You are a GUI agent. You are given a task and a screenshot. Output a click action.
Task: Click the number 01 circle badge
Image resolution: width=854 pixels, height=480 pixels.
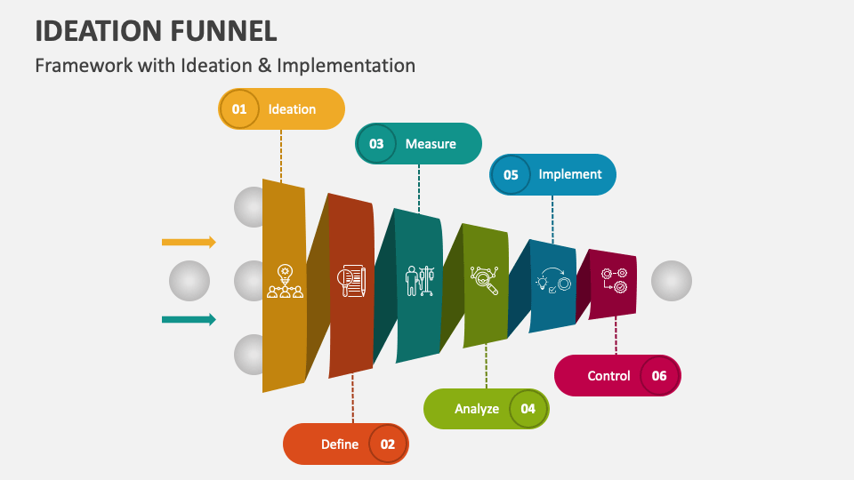coord(238,109)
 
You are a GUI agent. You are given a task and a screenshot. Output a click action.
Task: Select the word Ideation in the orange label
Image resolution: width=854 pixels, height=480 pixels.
coord(292,109)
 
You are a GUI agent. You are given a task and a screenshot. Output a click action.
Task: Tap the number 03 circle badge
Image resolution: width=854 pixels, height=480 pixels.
coord(376,144)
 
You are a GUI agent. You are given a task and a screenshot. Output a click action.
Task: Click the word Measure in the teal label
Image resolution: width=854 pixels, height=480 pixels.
coord(431,144)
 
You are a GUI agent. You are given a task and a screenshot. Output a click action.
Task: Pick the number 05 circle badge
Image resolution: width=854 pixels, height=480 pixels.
coord(511,175)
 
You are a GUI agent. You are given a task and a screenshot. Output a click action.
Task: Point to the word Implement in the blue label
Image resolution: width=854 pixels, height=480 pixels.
coord(570,174)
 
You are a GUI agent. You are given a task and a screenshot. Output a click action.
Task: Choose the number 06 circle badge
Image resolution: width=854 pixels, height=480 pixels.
coord(659,376)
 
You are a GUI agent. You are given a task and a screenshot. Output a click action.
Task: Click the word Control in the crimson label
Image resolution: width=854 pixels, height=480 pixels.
coord(608,376)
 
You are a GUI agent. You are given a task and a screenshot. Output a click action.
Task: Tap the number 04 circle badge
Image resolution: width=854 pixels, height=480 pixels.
coord(528,409)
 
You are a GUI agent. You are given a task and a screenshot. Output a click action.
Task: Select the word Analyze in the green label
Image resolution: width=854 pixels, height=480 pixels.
coord(477,409)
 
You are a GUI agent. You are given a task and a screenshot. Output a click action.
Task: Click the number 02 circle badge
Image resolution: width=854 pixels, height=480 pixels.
coord(388,444)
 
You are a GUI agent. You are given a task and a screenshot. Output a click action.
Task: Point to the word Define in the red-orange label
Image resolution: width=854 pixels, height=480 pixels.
coord(340,444)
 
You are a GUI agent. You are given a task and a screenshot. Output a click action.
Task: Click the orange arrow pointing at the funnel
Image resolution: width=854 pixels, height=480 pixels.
coord(189,242)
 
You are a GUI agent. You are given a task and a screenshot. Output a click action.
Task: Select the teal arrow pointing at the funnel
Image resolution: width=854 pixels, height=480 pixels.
coord(189,320)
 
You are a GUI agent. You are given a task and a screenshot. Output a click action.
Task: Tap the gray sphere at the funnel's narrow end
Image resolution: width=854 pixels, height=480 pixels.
coord(672,281)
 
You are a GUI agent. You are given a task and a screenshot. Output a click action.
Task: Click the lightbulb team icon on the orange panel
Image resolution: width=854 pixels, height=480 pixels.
coord(285,281)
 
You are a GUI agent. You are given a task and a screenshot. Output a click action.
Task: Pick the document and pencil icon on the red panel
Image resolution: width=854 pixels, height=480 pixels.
coord(351,281)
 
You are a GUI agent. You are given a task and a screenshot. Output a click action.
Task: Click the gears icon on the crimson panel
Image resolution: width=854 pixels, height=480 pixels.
coord(614,281)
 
